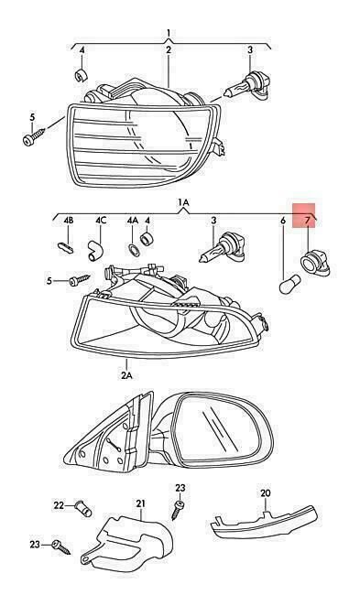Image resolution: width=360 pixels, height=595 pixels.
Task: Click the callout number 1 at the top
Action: point(169,33)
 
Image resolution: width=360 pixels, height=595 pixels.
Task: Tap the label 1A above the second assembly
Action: point(183,203)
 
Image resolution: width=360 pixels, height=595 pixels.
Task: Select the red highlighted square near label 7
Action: point(304,215)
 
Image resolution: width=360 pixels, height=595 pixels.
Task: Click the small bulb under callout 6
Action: point(289,285)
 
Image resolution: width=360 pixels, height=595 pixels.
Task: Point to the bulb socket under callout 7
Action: point(314,263)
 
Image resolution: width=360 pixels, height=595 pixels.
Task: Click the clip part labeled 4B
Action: point(68,247)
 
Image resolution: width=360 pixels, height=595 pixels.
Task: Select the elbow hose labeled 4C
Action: point(95,251)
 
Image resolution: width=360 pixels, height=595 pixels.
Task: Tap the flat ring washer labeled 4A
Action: point(134,250)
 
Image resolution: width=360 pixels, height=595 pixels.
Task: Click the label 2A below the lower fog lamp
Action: point(126,375)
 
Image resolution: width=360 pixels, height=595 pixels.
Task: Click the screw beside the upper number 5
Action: point(33,137)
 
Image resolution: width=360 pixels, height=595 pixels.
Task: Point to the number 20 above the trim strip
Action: point(266,492)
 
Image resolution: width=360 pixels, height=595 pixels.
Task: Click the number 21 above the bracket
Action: point(141,503)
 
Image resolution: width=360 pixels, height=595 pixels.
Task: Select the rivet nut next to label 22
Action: point(82,508)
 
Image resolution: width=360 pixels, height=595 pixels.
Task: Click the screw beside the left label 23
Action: point(62,546)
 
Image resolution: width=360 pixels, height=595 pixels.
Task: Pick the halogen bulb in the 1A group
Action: point(223,249)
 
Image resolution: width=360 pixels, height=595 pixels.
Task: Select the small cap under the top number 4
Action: point(81,75)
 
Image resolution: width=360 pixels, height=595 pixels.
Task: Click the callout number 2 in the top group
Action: point(169,49)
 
